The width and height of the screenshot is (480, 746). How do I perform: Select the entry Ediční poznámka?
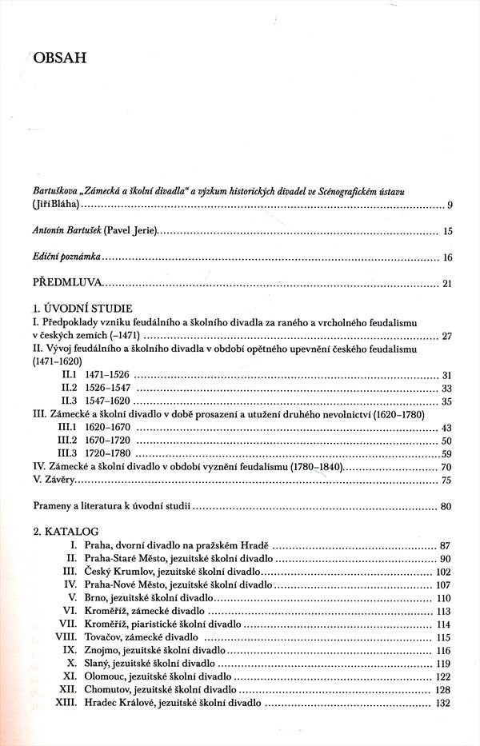pyautogui.click(x=67, y=257)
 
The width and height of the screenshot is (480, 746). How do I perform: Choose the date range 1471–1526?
pyautogui.click(x=107, y=375)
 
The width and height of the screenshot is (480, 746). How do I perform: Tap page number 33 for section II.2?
pyautogui.click(x=447, y=388)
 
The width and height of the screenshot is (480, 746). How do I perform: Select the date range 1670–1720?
pyautogui.click(x=107, y=441)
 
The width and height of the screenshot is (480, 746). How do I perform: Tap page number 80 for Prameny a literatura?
pyautogui.click(x=447, y=506)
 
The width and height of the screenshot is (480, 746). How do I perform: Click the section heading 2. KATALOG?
pyautogui.click(x=66, y=530)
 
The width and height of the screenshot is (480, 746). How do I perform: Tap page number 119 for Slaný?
pyautogui.click(x=445, y=664)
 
